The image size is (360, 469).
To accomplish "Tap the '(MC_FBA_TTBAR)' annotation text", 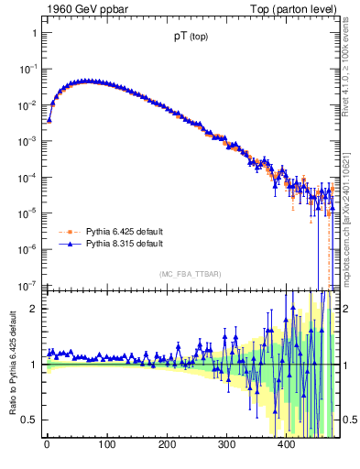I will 189,274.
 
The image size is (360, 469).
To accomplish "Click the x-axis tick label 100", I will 106,446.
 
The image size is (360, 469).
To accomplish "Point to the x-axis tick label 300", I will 226,446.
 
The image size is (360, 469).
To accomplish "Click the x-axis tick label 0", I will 47,446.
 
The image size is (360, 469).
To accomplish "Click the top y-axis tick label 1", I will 34,33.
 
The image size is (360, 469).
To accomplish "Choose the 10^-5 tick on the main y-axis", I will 29,213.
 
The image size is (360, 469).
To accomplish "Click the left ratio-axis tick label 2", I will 34,309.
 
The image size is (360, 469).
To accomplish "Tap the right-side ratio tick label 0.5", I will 348,420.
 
